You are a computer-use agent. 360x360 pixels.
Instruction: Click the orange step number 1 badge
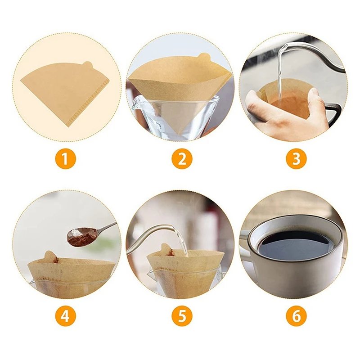point(65,159)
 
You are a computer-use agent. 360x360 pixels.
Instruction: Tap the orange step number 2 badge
point(182,159)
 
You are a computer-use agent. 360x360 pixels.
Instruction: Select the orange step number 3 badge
point(296,159)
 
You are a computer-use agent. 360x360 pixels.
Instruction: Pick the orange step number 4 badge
point(65,316)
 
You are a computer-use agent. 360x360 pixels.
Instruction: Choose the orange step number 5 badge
point(182,316)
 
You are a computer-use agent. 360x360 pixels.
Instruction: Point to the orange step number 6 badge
point(296,316)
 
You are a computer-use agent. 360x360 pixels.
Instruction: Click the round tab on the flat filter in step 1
point(87,65)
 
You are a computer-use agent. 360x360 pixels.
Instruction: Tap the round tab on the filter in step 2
point(203,57)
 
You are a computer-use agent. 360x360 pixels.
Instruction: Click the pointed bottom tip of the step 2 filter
point(179,134)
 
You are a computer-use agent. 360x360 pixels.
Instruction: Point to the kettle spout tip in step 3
point(285,47)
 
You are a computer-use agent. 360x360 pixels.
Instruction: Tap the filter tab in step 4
point(50,256)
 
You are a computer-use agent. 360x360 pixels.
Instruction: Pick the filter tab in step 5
point(166,250)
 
